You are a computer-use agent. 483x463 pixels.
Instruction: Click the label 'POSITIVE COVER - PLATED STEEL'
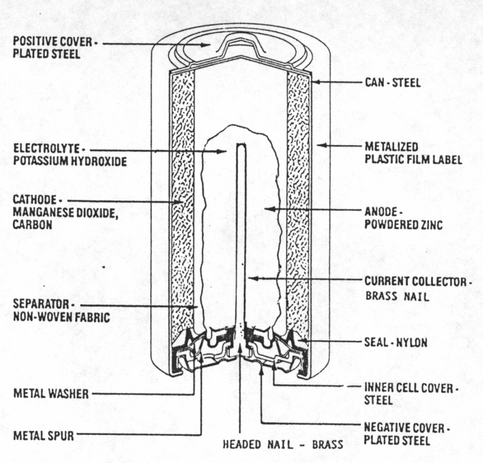(52, 48)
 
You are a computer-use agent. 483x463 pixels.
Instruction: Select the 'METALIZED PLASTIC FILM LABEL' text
(412, 153)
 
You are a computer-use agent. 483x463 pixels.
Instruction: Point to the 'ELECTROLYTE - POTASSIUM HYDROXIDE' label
(69, 155)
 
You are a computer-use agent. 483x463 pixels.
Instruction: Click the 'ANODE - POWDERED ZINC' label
(403, 219)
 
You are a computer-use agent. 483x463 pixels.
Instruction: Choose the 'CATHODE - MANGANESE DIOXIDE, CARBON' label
(65, 212)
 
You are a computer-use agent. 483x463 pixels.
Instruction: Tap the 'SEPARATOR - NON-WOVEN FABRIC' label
(61, 310)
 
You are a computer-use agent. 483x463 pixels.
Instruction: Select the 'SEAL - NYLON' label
(395, 342)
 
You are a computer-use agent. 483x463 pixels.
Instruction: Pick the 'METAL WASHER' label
(51, 394)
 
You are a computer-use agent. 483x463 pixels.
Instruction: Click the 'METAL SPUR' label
(43, 435)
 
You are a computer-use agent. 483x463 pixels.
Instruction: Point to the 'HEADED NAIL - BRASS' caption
(283, 445)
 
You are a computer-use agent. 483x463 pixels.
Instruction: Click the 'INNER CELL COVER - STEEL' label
(410, 394)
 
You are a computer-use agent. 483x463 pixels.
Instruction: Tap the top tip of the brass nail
(241, 144)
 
